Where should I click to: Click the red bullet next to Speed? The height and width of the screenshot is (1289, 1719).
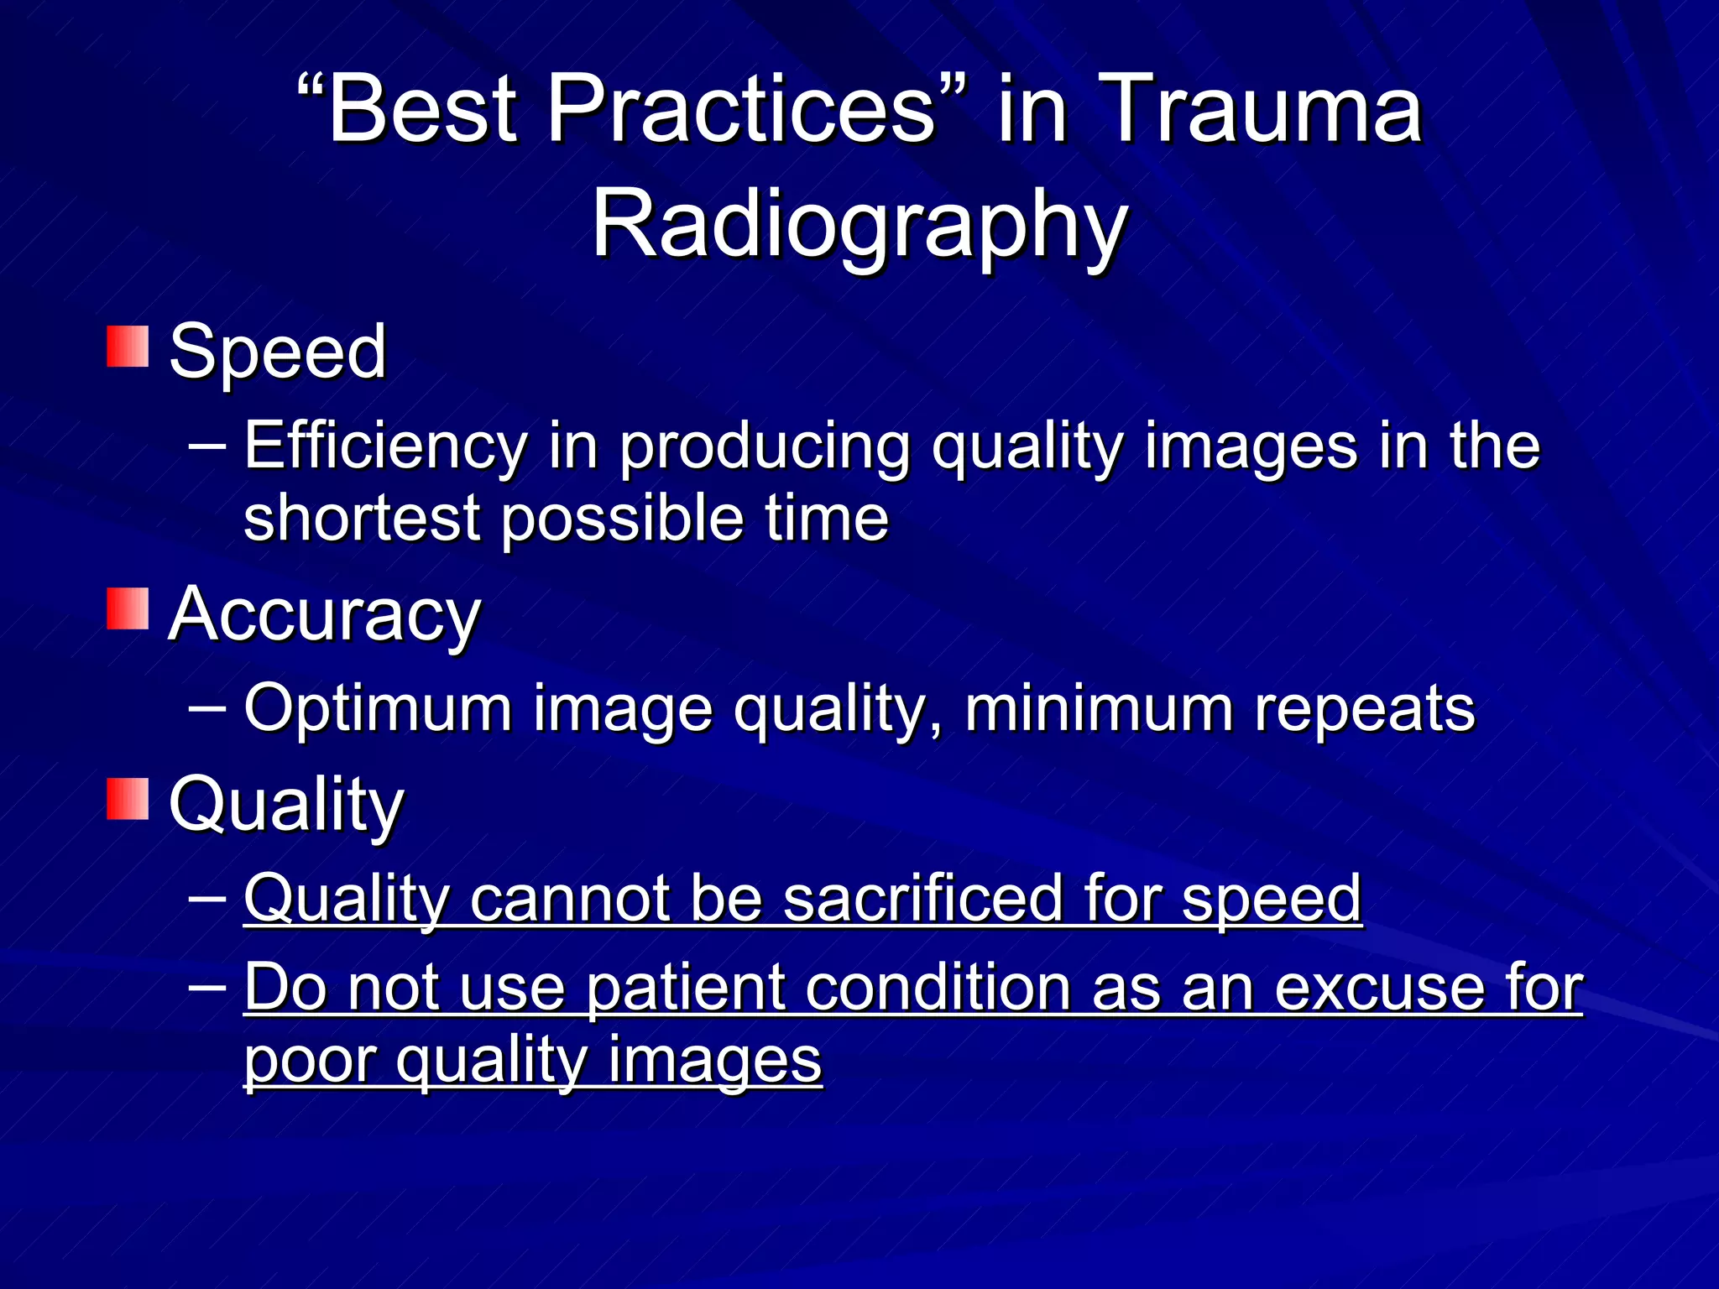coord(128,347)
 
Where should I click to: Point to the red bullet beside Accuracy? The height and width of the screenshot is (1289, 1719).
coord(128,608)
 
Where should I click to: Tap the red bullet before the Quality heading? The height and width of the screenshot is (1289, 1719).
coord(128,799)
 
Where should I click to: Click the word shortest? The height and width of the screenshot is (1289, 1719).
coord(361,518)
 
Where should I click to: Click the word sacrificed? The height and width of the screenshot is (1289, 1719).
coord(923,899)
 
